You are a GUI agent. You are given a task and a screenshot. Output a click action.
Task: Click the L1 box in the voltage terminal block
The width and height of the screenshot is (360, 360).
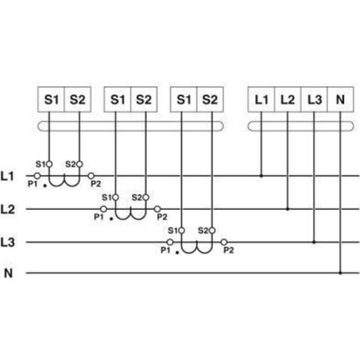261,100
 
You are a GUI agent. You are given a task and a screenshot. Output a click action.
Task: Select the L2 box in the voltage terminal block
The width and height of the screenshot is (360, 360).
288,100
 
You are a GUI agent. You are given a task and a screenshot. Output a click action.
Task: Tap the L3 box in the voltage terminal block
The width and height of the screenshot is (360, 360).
314,100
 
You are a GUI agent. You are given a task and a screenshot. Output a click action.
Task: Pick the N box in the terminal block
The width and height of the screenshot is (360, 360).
341,100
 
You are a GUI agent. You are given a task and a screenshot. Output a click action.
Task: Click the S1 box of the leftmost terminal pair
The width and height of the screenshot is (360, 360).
51,100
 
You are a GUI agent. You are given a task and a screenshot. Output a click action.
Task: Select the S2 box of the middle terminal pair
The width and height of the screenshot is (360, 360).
144,100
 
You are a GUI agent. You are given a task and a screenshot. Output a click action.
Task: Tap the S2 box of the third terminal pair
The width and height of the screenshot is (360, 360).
210,100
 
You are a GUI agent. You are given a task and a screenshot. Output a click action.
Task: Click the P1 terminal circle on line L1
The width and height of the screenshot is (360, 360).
38,175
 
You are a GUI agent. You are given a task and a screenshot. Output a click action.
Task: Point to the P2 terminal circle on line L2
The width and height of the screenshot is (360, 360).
157,209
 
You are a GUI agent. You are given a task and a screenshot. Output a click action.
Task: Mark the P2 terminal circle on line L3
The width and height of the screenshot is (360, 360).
224,242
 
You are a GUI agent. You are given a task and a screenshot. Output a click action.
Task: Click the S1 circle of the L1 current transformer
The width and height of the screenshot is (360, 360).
49,164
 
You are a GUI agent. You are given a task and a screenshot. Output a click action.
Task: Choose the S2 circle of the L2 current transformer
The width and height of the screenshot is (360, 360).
146,198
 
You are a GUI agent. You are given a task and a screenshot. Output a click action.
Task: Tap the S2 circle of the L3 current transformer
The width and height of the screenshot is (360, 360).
212,231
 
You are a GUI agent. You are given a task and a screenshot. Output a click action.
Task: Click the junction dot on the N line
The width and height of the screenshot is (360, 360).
340,273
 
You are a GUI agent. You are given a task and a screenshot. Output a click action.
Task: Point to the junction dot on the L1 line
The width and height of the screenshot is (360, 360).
261,175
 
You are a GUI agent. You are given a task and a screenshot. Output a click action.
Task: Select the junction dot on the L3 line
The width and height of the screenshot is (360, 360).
314,242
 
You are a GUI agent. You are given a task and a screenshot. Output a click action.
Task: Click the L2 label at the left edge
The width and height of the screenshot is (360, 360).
8,209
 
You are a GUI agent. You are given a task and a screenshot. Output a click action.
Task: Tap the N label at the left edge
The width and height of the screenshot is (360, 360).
8,273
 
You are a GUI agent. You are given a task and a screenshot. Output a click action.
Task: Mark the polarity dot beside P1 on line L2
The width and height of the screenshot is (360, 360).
111,219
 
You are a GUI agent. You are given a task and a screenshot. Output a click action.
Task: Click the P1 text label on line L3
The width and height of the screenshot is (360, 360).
165,250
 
